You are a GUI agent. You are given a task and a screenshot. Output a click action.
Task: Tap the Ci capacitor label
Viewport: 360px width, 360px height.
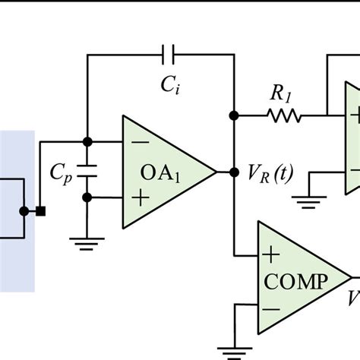click(169, 85)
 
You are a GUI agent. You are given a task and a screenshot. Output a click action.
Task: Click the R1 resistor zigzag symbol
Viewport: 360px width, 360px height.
click(284, 116)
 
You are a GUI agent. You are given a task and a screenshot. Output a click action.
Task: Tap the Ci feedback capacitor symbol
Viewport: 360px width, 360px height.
click(169, 54)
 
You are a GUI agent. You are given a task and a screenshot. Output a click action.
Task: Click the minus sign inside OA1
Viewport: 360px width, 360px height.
click(140, 142)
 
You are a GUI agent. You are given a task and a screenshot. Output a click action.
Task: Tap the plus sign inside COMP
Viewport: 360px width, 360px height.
click(271, 254)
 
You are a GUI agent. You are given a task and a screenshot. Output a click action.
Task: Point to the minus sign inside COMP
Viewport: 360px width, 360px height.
click(271, 309)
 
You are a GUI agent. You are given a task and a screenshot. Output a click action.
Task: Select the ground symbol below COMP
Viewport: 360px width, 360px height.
click(235, 350)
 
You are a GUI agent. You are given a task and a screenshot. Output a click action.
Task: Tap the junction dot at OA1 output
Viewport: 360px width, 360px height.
click(233, 171)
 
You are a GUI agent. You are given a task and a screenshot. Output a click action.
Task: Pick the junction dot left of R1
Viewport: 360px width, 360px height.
click(233, 116)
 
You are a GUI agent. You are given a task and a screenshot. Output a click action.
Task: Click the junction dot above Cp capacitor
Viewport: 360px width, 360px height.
click(87, 142)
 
